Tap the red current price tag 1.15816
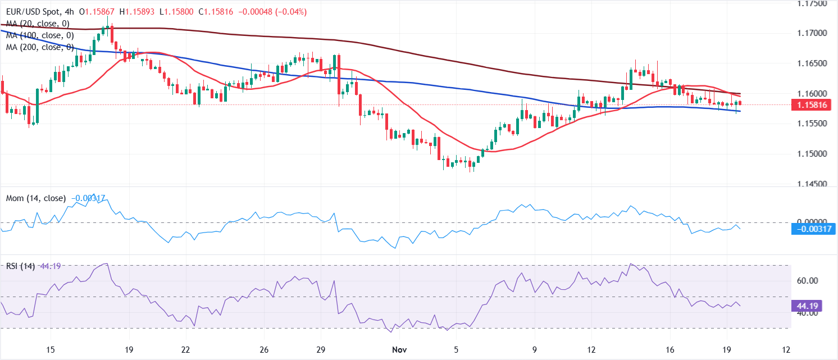point(809,104)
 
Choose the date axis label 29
point(321,350)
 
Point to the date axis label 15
point(50,350)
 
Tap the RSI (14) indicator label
point(19,266)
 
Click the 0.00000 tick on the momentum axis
point(809,222)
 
